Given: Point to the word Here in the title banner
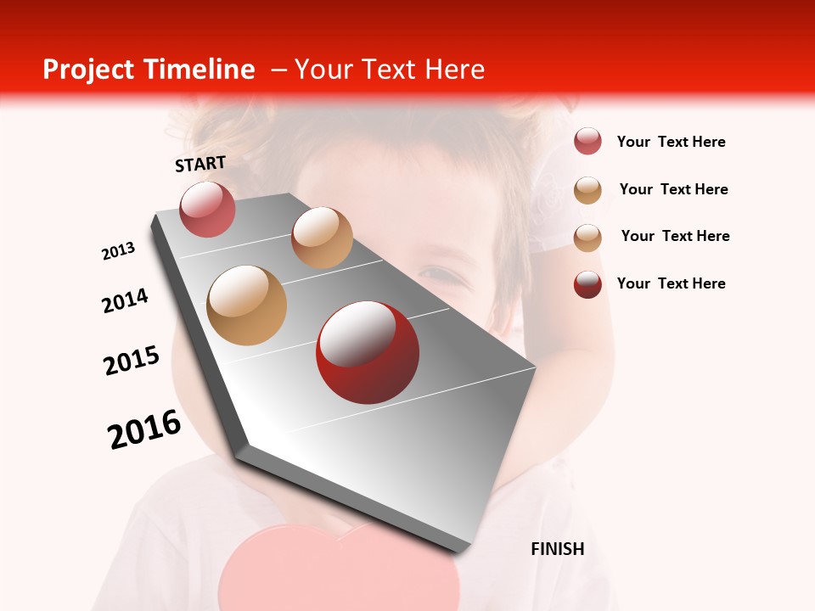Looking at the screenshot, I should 454,70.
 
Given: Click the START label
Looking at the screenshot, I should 200,164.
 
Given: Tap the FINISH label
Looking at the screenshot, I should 557,549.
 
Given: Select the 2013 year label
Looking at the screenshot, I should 118,251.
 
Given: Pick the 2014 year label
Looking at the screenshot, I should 126,300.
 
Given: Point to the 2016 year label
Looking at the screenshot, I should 144,429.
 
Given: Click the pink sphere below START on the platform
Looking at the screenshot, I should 207,209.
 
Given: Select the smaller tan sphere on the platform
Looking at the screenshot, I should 322,237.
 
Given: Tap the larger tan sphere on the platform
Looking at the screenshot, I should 246,305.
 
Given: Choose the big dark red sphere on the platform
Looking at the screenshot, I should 367,352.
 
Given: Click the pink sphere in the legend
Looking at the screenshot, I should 587,142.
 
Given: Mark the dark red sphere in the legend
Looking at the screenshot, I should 587,284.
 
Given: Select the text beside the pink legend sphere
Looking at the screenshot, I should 671,143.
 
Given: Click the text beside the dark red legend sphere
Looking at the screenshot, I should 671,283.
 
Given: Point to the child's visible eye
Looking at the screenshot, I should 438,274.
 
